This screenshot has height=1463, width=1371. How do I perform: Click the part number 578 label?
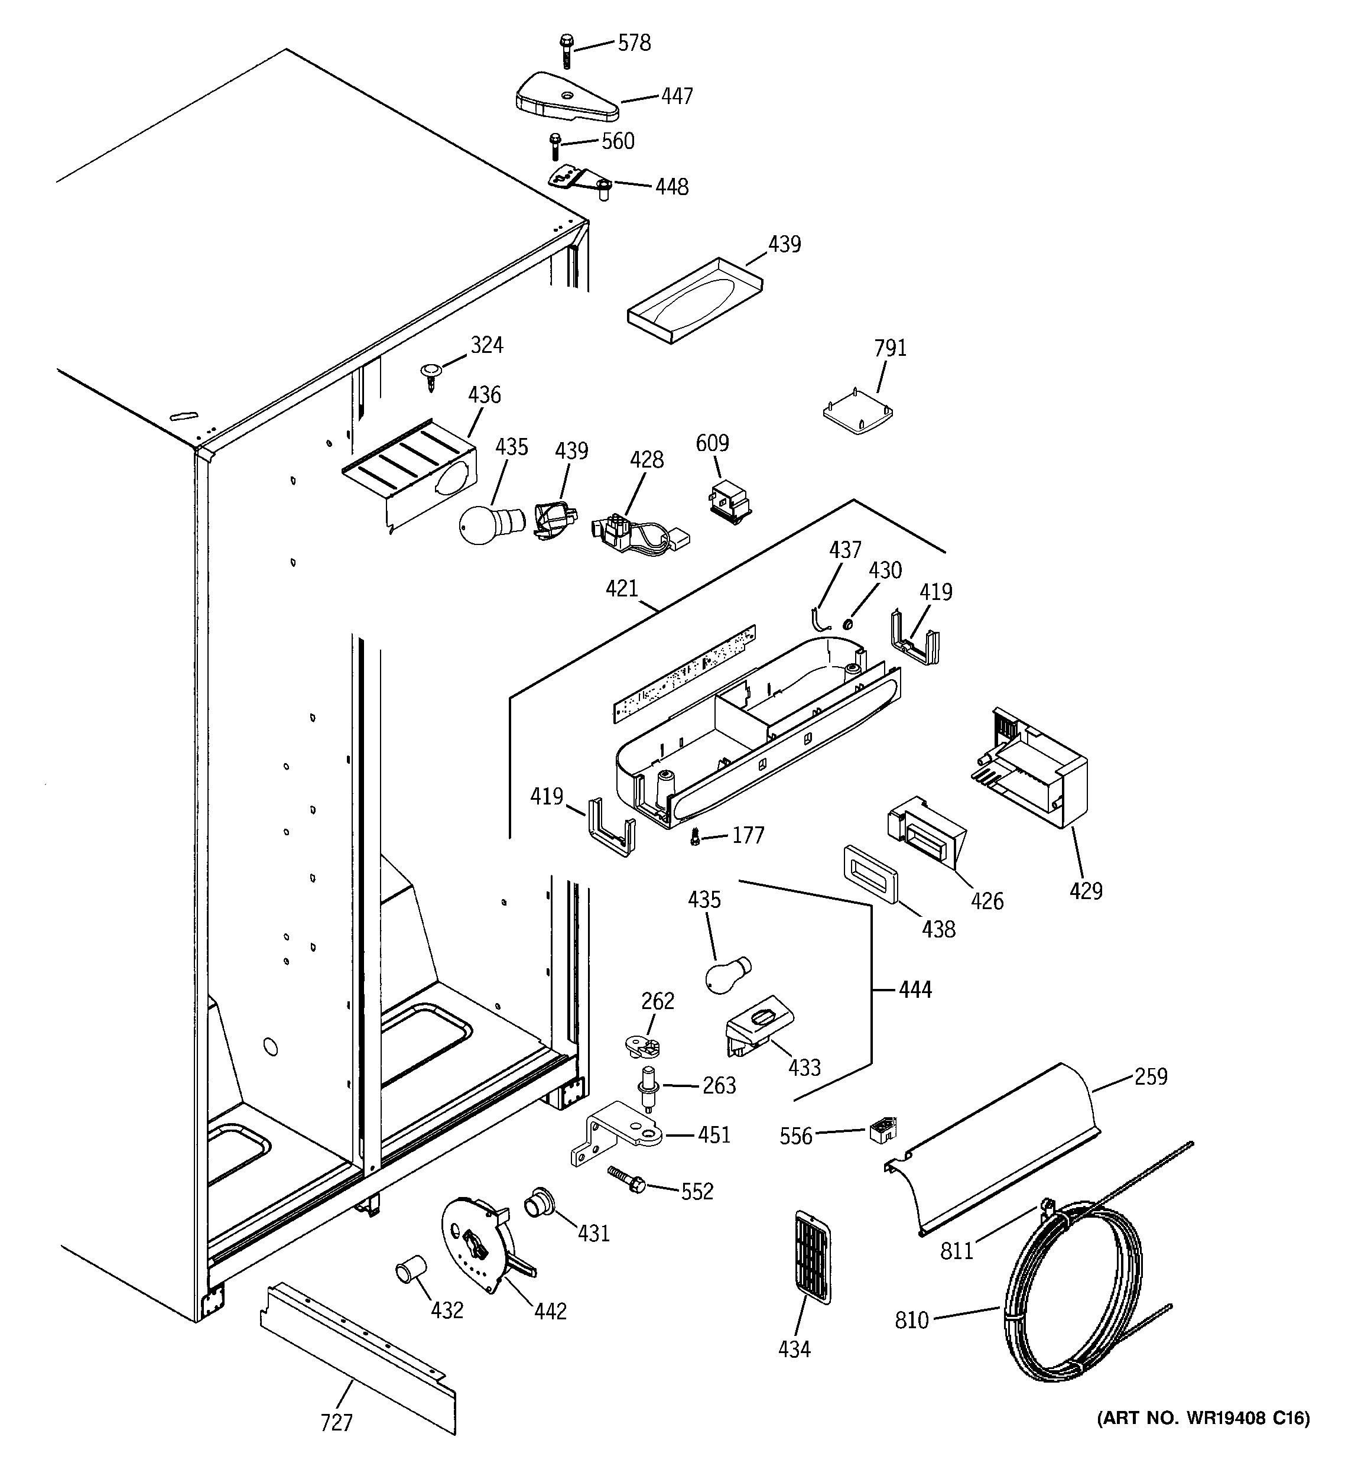[633, 43]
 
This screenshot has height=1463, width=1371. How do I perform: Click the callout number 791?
[890, 348]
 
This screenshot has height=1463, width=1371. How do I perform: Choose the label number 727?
[336, 1423]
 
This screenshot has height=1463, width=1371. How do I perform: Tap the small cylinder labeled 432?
[410, 1268]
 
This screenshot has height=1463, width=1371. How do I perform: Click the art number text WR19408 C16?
[1203, 1418]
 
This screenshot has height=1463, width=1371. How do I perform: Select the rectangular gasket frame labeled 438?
[870, 874]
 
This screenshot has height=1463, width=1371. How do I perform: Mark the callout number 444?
[915, 990]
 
